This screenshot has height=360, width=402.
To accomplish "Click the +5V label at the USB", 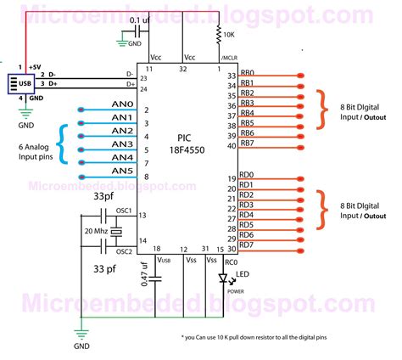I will (34, 65).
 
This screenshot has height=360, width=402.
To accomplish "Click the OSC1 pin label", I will (126, 210).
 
